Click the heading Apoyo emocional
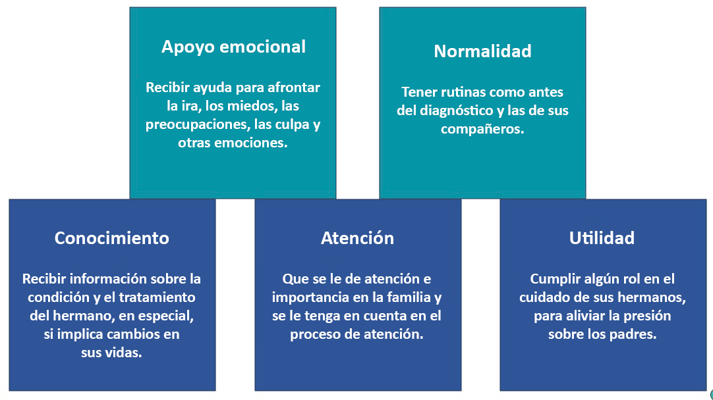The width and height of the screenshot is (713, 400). [233, 47]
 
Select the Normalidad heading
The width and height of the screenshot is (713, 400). [482, 51]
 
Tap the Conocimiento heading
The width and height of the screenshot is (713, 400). [112, 238]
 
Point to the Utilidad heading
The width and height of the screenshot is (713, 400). [602, 238]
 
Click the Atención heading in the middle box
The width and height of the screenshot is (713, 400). [357, 238]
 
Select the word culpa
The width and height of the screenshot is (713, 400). [293, 125]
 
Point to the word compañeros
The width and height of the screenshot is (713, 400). [482, 129]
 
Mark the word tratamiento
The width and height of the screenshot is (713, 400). [156, 297]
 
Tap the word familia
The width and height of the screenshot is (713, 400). [409, 297]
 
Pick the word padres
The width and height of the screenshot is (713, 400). [634, 335]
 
